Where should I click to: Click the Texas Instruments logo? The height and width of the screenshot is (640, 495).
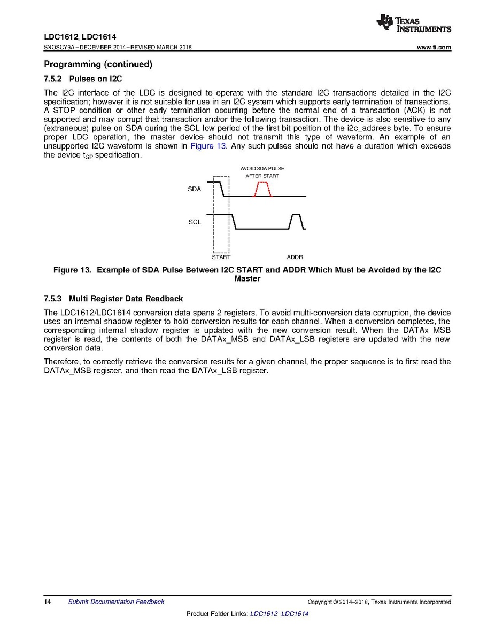point(413,23)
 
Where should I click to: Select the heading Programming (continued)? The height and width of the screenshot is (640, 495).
point(98,65)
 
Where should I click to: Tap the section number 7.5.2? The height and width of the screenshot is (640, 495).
point(53,79)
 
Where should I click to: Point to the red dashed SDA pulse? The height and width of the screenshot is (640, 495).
point(262,189)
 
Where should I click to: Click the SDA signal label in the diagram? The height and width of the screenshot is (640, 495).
point(195,189)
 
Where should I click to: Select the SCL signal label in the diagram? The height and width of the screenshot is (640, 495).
point(195,222)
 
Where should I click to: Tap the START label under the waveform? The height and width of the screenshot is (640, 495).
point(221,257)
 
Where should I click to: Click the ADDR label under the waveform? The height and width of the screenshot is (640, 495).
point(295,257)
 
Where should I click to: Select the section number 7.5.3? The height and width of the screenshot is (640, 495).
point(53,298)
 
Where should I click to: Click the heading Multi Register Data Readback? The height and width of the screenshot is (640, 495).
point(126,298)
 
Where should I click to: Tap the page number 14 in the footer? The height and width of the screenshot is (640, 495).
point(47,602)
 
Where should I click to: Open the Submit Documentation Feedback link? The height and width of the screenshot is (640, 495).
point(116,602)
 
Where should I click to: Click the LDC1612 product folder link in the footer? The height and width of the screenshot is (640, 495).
point(264,614)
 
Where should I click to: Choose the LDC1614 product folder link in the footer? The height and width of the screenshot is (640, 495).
point(295,614)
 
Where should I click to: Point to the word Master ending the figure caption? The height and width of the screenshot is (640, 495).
point(247,279)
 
